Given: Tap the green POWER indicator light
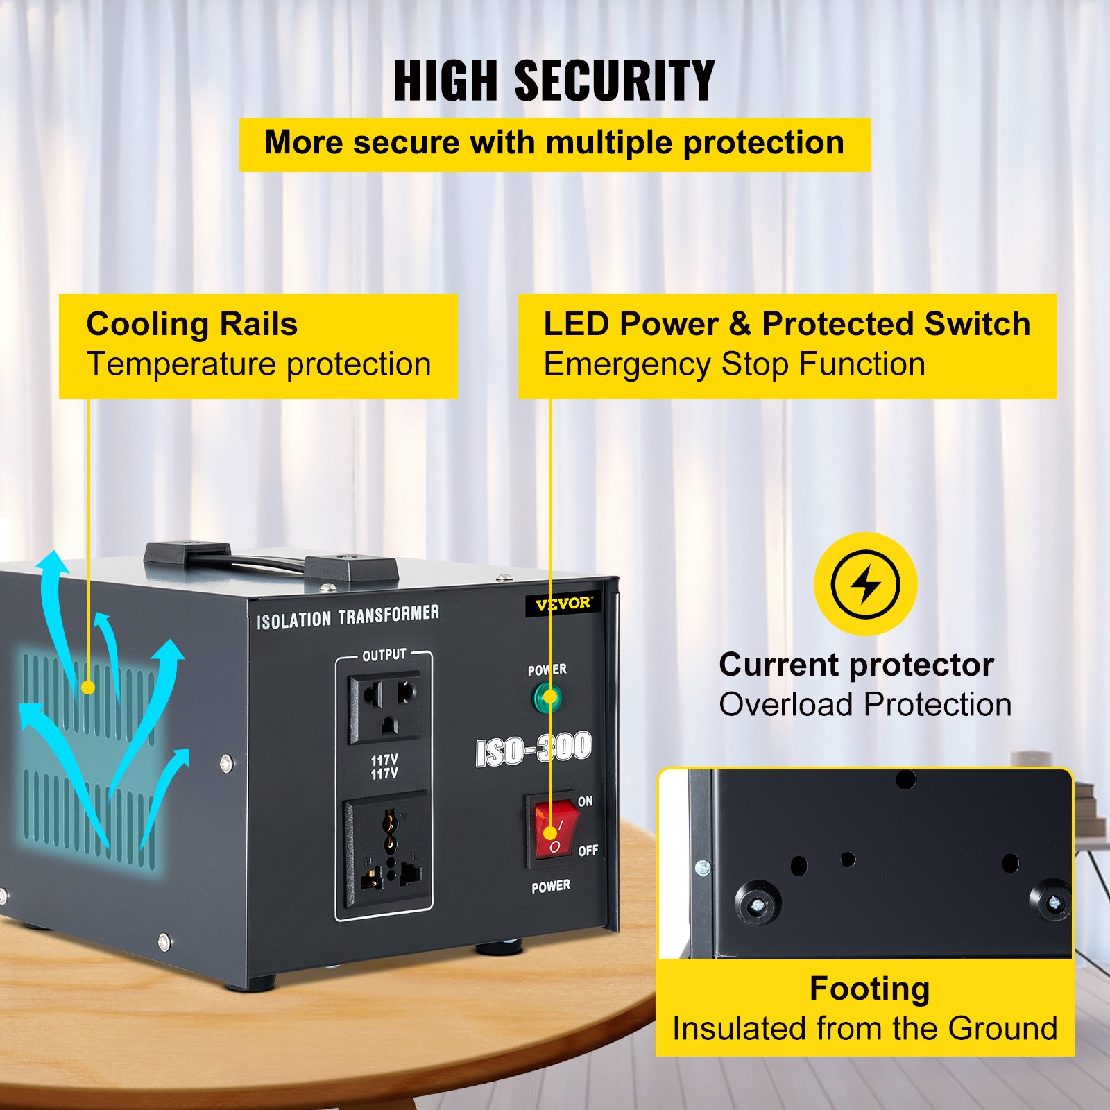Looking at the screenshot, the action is (547, 698).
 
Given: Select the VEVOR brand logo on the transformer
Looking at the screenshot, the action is (563, 604).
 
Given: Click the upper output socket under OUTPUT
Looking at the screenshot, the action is (384, 706).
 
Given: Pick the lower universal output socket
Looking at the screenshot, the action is (386, 850).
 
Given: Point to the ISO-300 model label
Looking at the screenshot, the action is (533, 749).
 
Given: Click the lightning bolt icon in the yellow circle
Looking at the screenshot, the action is (865, 584).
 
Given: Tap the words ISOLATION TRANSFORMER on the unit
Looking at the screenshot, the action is (348, 616).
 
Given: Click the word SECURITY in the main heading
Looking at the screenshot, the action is (614, 80).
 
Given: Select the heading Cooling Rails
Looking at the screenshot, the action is (191, 324).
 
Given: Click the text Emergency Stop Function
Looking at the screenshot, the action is (734, 365).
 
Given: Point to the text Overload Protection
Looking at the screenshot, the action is (865, 705).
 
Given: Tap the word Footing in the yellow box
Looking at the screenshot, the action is (869, 989).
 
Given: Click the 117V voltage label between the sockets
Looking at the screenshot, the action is (384, 767).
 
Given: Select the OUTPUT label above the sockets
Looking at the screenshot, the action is (384, 655).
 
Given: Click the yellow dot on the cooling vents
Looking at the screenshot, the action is (88, 688).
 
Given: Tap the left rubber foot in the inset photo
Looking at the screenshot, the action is (758, 902).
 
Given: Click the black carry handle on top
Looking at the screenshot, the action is (271, 563).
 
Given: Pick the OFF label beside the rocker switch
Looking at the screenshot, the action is (588, 851).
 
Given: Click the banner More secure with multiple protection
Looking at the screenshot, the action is (555, 144).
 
